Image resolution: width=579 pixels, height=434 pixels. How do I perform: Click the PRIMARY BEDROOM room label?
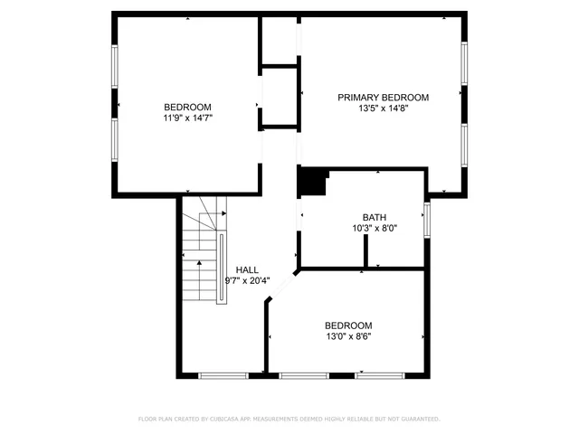(383, 97)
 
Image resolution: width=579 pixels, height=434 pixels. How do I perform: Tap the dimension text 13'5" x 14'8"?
(383, 108)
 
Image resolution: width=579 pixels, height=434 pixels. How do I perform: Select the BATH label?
(374, 217)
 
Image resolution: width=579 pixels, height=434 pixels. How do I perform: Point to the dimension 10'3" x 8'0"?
(374, 229)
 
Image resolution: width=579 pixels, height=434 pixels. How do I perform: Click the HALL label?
(247, 269)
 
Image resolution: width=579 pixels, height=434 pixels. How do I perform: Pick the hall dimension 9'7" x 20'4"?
(247, 280)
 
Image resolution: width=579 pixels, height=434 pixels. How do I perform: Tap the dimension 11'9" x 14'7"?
(187, 118)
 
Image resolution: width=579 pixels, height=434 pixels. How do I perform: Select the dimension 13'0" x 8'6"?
(348, 336)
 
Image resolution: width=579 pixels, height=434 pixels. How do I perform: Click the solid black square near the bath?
(313, 182)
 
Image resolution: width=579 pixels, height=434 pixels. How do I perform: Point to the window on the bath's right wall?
(427, 218)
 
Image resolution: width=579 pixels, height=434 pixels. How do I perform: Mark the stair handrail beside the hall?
(222, 268)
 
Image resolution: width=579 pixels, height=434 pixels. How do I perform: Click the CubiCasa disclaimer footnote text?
(289, 420)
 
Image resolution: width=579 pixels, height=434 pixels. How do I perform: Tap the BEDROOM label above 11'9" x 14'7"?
(187, 106)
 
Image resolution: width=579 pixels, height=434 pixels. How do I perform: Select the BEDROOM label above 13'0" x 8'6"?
(348, 325)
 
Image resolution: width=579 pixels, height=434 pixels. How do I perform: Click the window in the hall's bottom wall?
(223, 374)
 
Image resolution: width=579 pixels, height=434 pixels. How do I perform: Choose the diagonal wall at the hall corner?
(281, 286)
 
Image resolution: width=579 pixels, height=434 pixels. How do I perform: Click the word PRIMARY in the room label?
(358, 97)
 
